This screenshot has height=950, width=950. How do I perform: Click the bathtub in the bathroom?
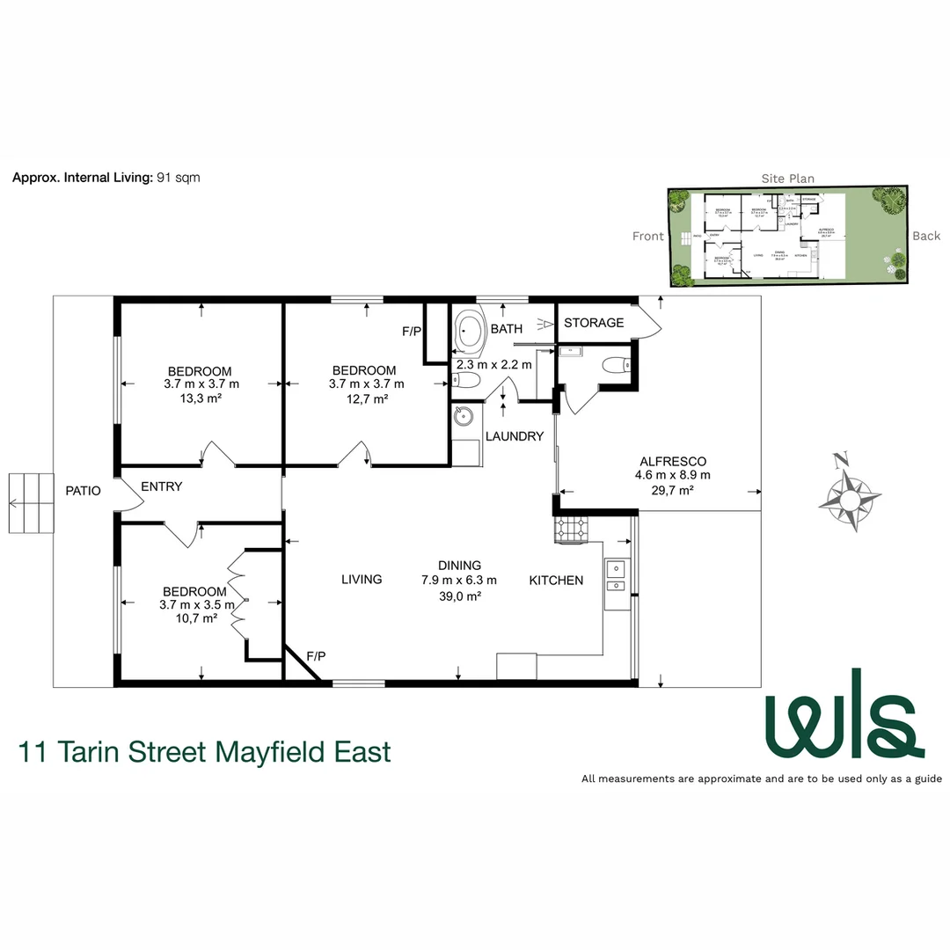[469, 333]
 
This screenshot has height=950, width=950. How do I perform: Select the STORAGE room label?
[594, 323]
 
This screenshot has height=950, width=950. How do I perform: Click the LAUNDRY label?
[515, 436]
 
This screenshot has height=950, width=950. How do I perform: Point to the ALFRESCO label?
[672, 461]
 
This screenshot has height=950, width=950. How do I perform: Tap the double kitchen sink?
[615, 576]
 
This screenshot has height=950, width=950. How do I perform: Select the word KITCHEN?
[556, 581]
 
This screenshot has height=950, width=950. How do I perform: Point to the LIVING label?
[362, 580]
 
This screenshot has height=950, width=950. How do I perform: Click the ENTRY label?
[162, 486]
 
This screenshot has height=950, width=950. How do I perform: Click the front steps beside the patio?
[31, 503]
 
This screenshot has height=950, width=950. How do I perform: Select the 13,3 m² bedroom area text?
[201, 398]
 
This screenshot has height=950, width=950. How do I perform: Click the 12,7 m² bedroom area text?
[366, 398]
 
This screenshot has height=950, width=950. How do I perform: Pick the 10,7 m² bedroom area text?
[197, 618]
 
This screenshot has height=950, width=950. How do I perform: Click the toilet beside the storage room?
[612, 364]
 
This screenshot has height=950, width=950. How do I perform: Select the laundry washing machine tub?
[465, 418]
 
